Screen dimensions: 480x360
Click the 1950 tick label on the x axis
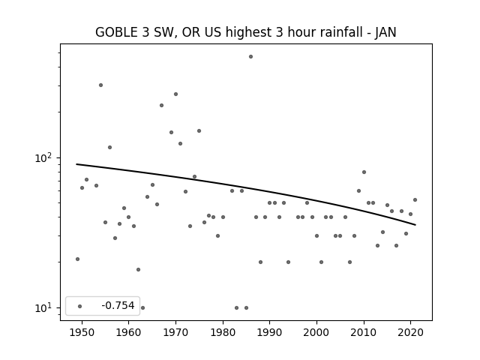[82, 332]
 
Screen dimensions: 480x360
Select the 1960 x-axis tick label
[128, 332]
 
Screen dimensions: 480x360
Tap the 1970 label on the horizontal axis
[175, 332]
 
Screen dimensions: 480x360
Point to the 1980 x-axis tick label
[223, 332]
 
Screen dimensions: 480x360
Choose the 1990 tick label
[270, 332]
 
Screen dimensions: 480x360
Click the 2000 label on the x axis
[316, 332]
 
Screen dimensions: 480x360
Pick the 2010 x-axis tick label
[364, 332]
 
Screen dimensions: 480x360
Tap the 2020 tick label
[411, 332]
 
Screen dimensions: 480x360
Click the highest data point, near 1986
[250, 57]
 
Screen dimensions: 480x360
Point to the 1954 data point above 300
[100, 85]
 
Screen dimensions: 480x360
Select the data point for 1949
[77, 259]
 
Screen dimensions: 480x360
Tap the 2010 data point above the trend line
[364, 172]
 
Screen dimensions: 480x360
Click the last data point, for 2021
[415, 200]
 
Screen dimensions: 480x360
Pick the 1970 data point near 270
[175, 94]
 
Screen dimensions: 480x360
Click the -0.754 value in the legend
[118, 305]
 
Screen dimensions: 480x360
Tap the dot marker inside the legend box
[80, 306]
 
